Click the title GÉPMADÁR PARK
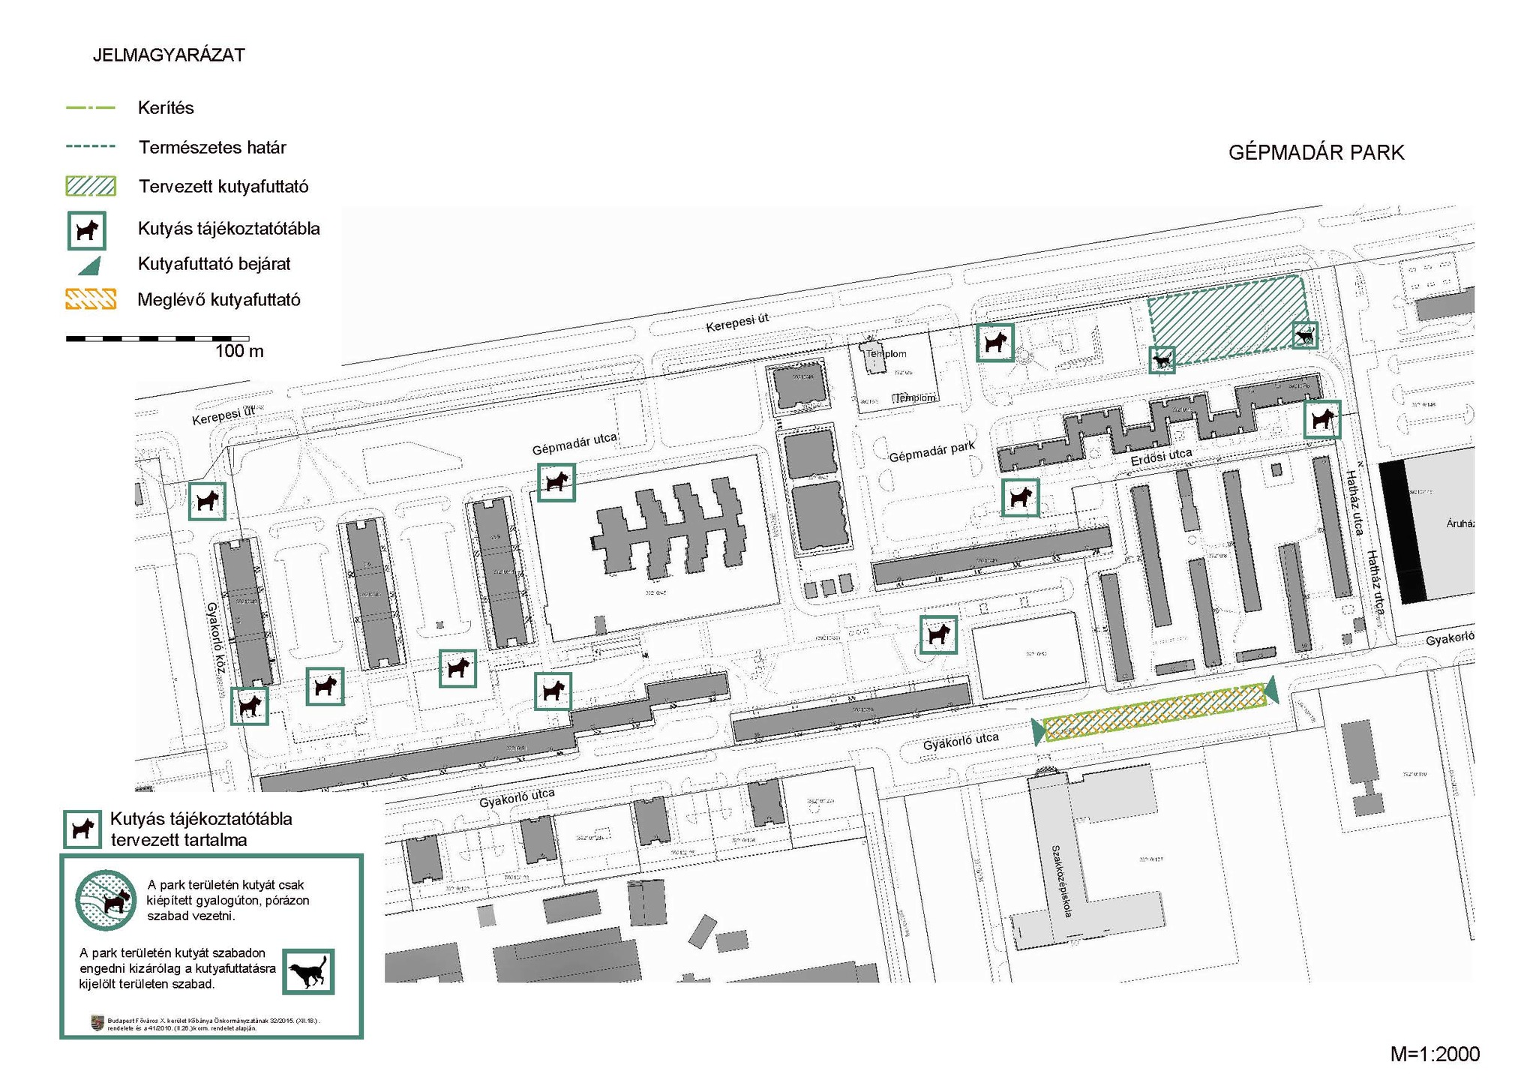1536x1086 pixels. pyautogui.click(x=1315, y=153)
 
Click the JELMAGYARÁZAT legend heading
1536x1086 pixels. pyautogui.click(x=169, y=55)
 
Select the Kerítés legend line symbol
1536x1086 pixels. pyautogui.click(x=91, y=108)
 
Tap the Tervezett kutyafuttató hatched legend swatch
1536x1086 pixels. pyautogui.click(x=91, y=186)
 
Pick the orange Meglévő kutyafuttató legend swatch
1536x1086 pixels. pyautogui.click(x=91, y=299)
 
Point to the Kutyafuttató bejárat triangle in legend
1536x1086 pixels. pyautogui.click(x=91, y=265)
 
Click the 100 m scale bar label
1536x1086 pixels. pyautogui.click(x=239, y=351)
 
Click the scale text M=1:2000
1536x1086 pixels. pyautogui.click(x=1434, y=1054)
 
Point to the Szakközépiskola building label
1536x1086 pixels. pyautogui.click(x=1062, y=880)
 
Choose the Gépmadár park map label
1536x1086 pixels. pyautogui.click(x=931, y=451)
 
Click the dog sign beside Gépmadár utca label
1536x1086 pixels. pyautogui.click(x=556, y=482)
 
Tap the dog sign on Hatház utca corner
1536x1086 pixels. pyautogui.click(x=1321, y=419)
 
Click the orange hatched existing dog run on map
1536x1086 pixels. pyautogui.click(x=1155, y=708)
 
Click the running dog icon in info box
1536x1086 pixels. pyautogui.click(x=307, y=972)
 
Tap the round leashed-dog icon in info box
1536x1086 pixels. pyautogui.click(x=106, y=900)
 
